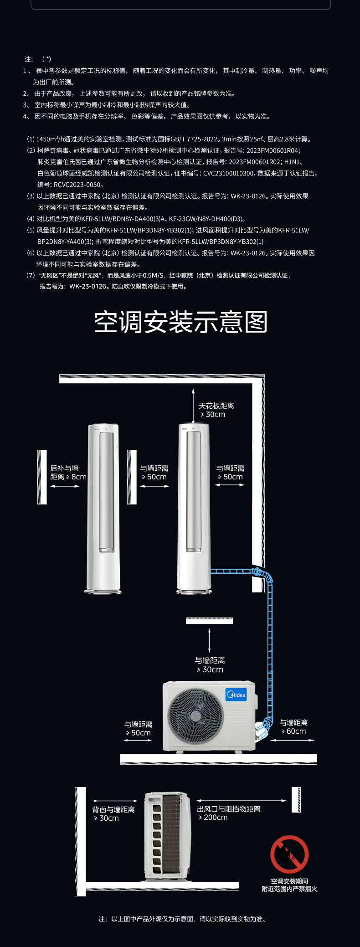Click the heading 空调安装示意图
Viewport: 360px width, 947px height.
[x=180, y=322]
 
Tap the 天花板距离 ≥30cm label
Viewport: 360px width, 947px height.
[x=216, y=410]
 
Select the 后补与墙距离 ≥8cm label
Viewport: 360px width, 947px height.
[x=68, y=473]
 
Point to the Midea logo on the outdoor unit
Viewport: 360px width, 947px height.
[x=236, y=695]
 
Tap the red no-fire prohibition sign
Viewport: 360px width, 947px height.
[x=289, y=854]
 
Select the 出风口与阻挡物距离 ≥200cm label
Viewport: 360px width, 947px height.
[x=229, y=813]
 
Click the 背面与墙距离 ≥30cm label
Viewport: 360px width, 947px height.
[x=113, y=814]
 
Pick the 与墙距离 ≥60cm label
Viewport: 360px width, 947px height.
[x=293, y=727]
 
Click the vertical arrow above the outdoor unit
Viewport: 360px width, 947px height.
[x=210, y=640]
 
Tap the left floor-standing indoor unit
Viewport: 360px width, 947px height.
[x=104, y=509]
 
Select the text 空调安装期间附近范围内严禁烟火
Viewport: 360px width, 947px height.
[x=289, y=885]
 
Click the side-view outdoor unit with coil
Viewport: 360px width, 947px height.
[x=167, y=836]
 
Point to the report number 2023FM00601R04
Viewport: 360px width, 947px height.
[x=273, y=150]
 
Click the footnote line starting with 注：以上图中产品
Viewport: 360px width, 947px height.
[x=182, y=919]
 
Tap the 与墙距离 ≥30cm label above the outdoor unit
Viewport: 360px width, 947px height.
[x=210, y=665]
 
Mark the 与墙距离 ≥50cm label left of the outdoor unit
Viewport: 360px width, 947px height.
[x=139, y=728]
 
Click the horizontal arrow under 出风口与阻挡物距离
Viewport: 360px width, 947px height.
[x=242, y=801]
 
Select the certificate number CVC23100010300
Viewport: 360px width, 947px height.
[x=228, y=173]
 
